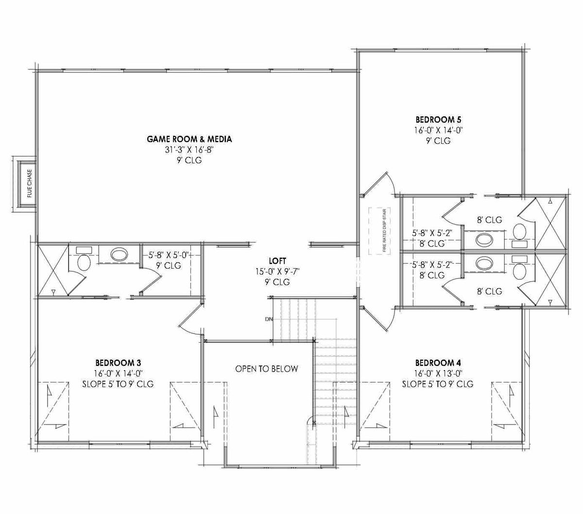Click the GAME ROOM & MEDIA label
pyautogui.click(x=189, y=139)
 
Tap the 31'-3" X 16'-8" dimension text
pyautogui.click(x=189, y=150)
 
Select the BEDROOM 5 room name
pyautogui.click(x=438, y=120)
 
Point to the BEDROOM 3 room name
pyautogui.click(x=118, y=363)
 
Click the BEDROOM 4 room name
pyautogui.click(x=438, y=363)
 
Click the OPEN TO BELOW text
pyautogui.click(x=266, y=369)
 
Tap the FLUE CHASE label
pyautogui.click(x=30, y=183)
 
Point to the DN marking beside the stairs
pyautogui.click(x=269, y=319)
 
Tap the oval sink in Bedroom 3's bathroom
pyautogui.click(x=119, y=254)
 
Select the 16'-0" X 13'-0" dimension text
pyautogui.click(x=438, y=374)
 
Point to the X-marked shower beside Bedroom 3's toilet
pyautogui.click(x=52, y=270)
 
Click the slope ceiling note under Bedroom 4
pyautogui.click(x=438, y=384)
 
